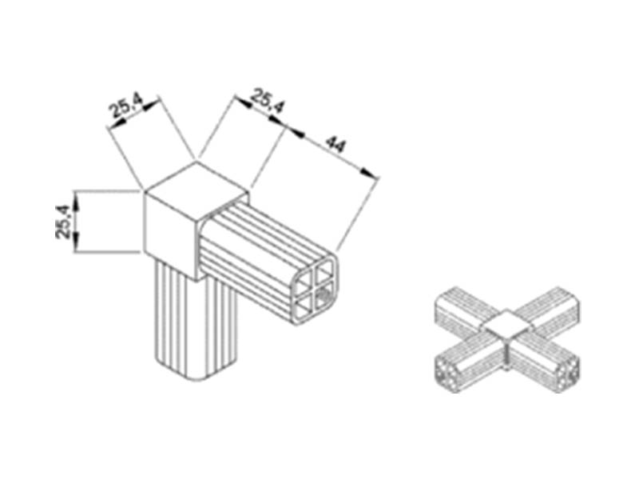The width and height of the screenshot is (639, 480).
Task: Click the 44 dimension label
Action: click(x=336, y=146)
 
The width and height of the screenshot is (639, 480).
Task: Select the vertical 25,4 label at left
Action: click(x=63, y=222)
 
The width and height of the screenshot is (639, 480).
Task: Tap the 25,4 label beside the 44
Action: click(x=267, y=101)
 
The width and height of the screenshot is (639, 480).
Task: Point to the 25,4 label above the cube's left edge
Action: click(x=126, y=105)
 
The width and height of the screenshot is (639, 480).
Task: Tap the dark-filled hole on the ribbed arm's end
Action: click(x=324, y=294)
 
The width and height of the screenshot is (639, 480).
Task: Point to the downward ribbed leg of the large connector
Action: click(x=196, y=326)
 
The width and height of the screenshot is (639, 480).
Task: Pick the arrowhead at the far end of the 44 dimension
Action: click(x=369, y=173)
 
